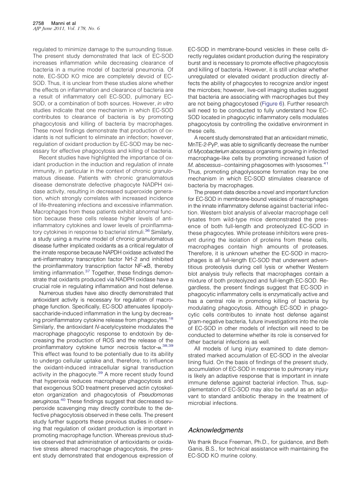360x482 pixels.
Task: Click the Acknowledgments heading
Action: click(215, 430)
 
